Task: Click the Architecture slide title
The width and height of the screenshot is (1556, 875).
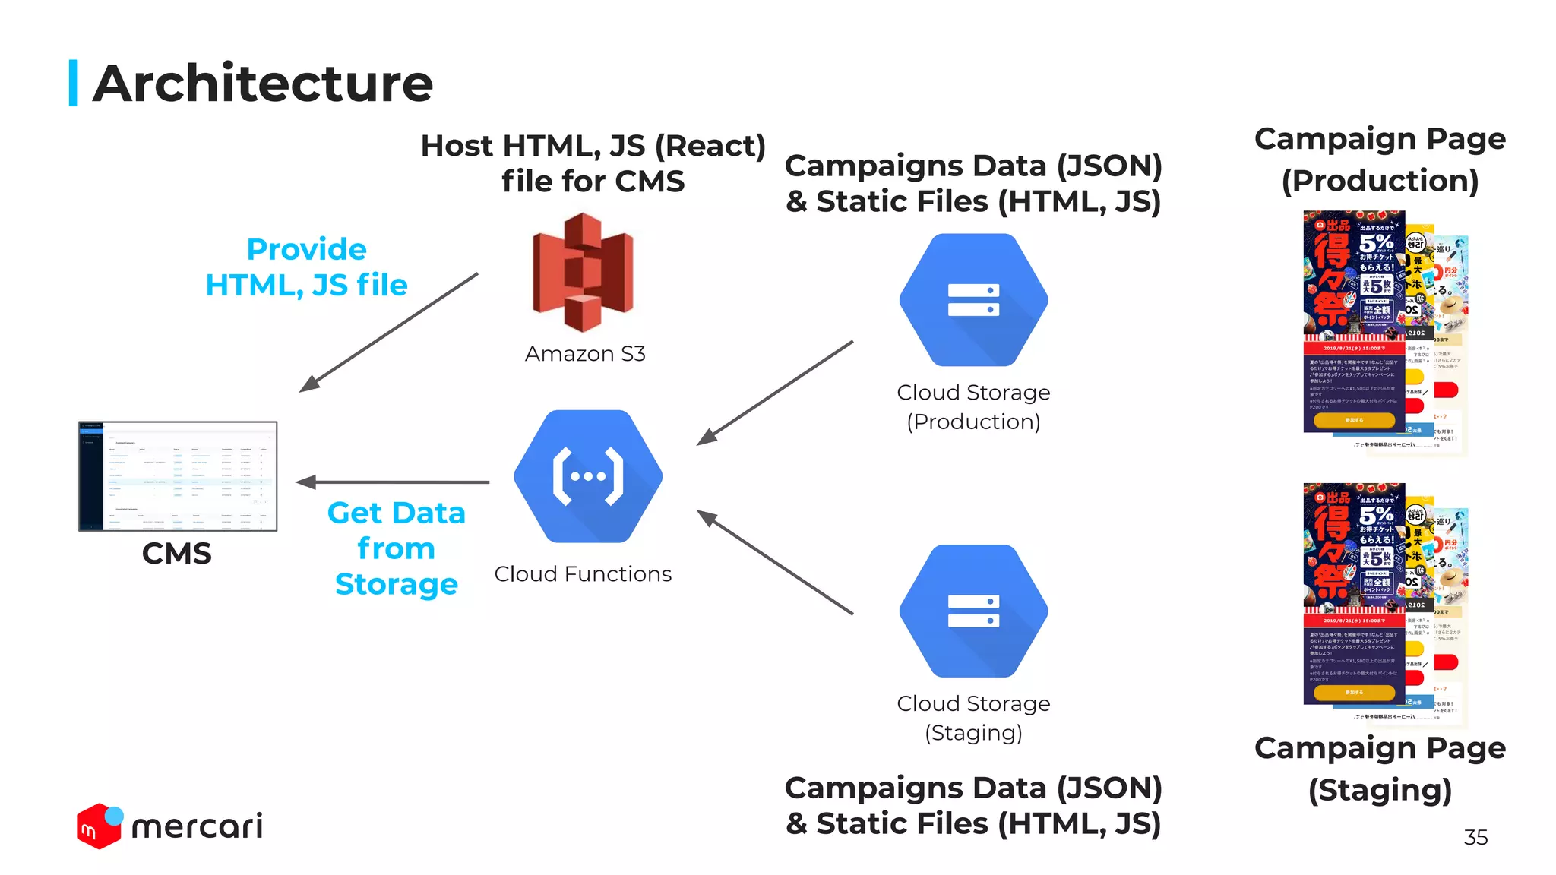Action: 262,84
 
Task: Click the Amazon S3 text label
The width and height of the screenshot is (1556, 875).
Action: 585,354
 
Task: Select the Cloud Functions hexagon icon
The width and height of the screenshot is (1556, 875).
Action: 588,476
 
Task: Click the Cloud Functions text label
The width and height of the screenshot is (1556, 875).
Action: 583,574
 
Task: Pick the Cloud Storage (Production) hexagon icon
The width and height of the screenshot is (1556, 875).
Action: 973,300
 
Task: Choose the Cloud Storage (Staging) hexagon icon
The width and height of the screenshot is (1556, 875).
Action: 973,611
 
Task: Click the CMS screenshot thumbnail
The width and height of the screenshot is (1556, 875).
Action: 178,476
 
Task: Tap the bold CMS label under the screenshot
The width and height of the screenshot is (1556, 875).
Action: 177,554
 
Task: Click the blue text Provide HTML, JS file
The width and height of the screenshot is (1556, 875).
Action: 307,267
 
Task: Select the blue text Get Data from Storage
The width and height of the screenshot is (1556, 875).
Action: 396,548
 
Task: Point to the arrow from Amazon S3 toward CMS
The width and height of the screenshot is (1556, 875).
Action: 389,332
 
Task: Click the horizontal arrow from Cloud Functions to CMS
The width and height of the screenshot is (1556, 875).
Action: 393,482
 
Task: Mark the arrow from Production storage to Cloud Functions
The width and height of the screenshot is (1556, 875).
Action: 775,393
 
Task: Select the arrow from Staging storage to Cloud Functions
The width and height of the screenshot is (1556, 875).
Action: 775,562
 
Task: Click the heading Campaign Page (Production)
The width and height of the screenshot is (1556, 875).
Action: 1380,160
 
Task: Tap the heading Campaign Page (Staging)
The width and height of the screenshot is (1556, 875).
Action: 1380,769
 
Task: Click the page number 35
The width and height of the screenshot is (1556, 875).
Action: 1475,837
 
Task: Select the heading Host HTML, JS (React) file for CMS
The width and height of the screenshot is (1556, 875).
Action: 593,163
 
